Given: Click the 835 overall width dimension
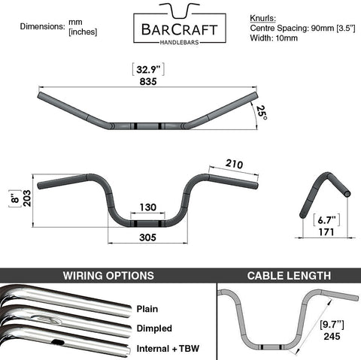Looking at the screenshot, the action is pyautogui.click(x=148, y=82).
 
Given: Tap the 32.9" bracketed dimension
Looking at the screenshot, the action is pyautogui.click(x=148, y=69).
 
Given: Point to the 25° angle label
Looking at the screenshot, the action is pyautogui.click(x=262, y=113).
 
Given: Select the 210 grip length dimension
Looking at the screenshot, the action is pyautogui.click(x=234, y=164).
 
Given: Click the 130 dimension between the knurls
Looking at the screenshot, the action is pyautogui.click(x=148, y=207).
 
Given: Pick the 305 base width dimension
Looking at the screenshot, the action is pyautogui.click(x=148, y=237).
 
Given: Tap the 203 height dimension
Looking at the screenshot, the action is pyautogui.click(x=27, y=198).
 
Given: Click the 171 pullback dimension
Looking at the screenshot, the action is pyautogui.click(x=326, y=232).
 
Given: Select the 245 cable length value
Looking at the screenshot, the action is pyautogui.click(x=332, y=336).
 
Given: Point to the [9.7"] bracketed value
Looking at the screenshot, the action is pyautogui.click(x=332, y=325).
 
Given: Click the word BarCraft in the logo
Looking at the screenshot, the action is pyautogui.click(x=180, y=30).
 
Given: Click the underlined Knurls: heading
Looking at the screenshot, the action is pyautogui.click(x=262, y=18).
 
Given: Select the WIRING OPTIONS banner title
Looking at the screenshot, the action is pyautogui.click(x=108, y=276).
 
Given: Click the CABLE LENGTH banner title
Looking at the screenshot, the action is pyautogui.click(x=289, y=276).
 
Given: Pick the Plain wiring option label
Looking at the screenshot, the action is pyautogui.click(x=147, y=309).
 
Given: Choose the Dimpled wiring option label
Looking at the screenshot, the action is pyautogui.click(x=154, y=328).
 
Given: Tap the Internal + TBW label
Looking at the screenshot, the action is pyautogui.click(x=168, y=349).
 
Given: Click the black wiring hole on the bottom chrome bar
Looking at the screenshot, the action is pyautogui.click(x=58, y=342).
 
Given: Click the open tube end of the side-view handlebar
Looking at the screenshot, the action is pyautogui.click(x=347, y=193).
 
